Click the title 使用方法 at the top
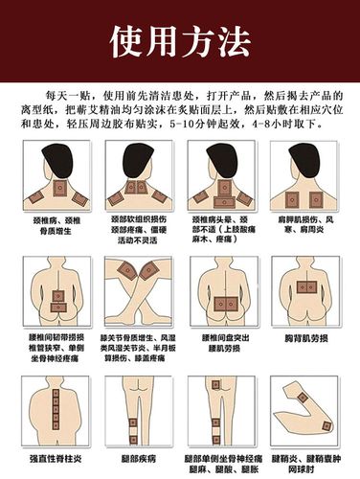click(x=180, y=40)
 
